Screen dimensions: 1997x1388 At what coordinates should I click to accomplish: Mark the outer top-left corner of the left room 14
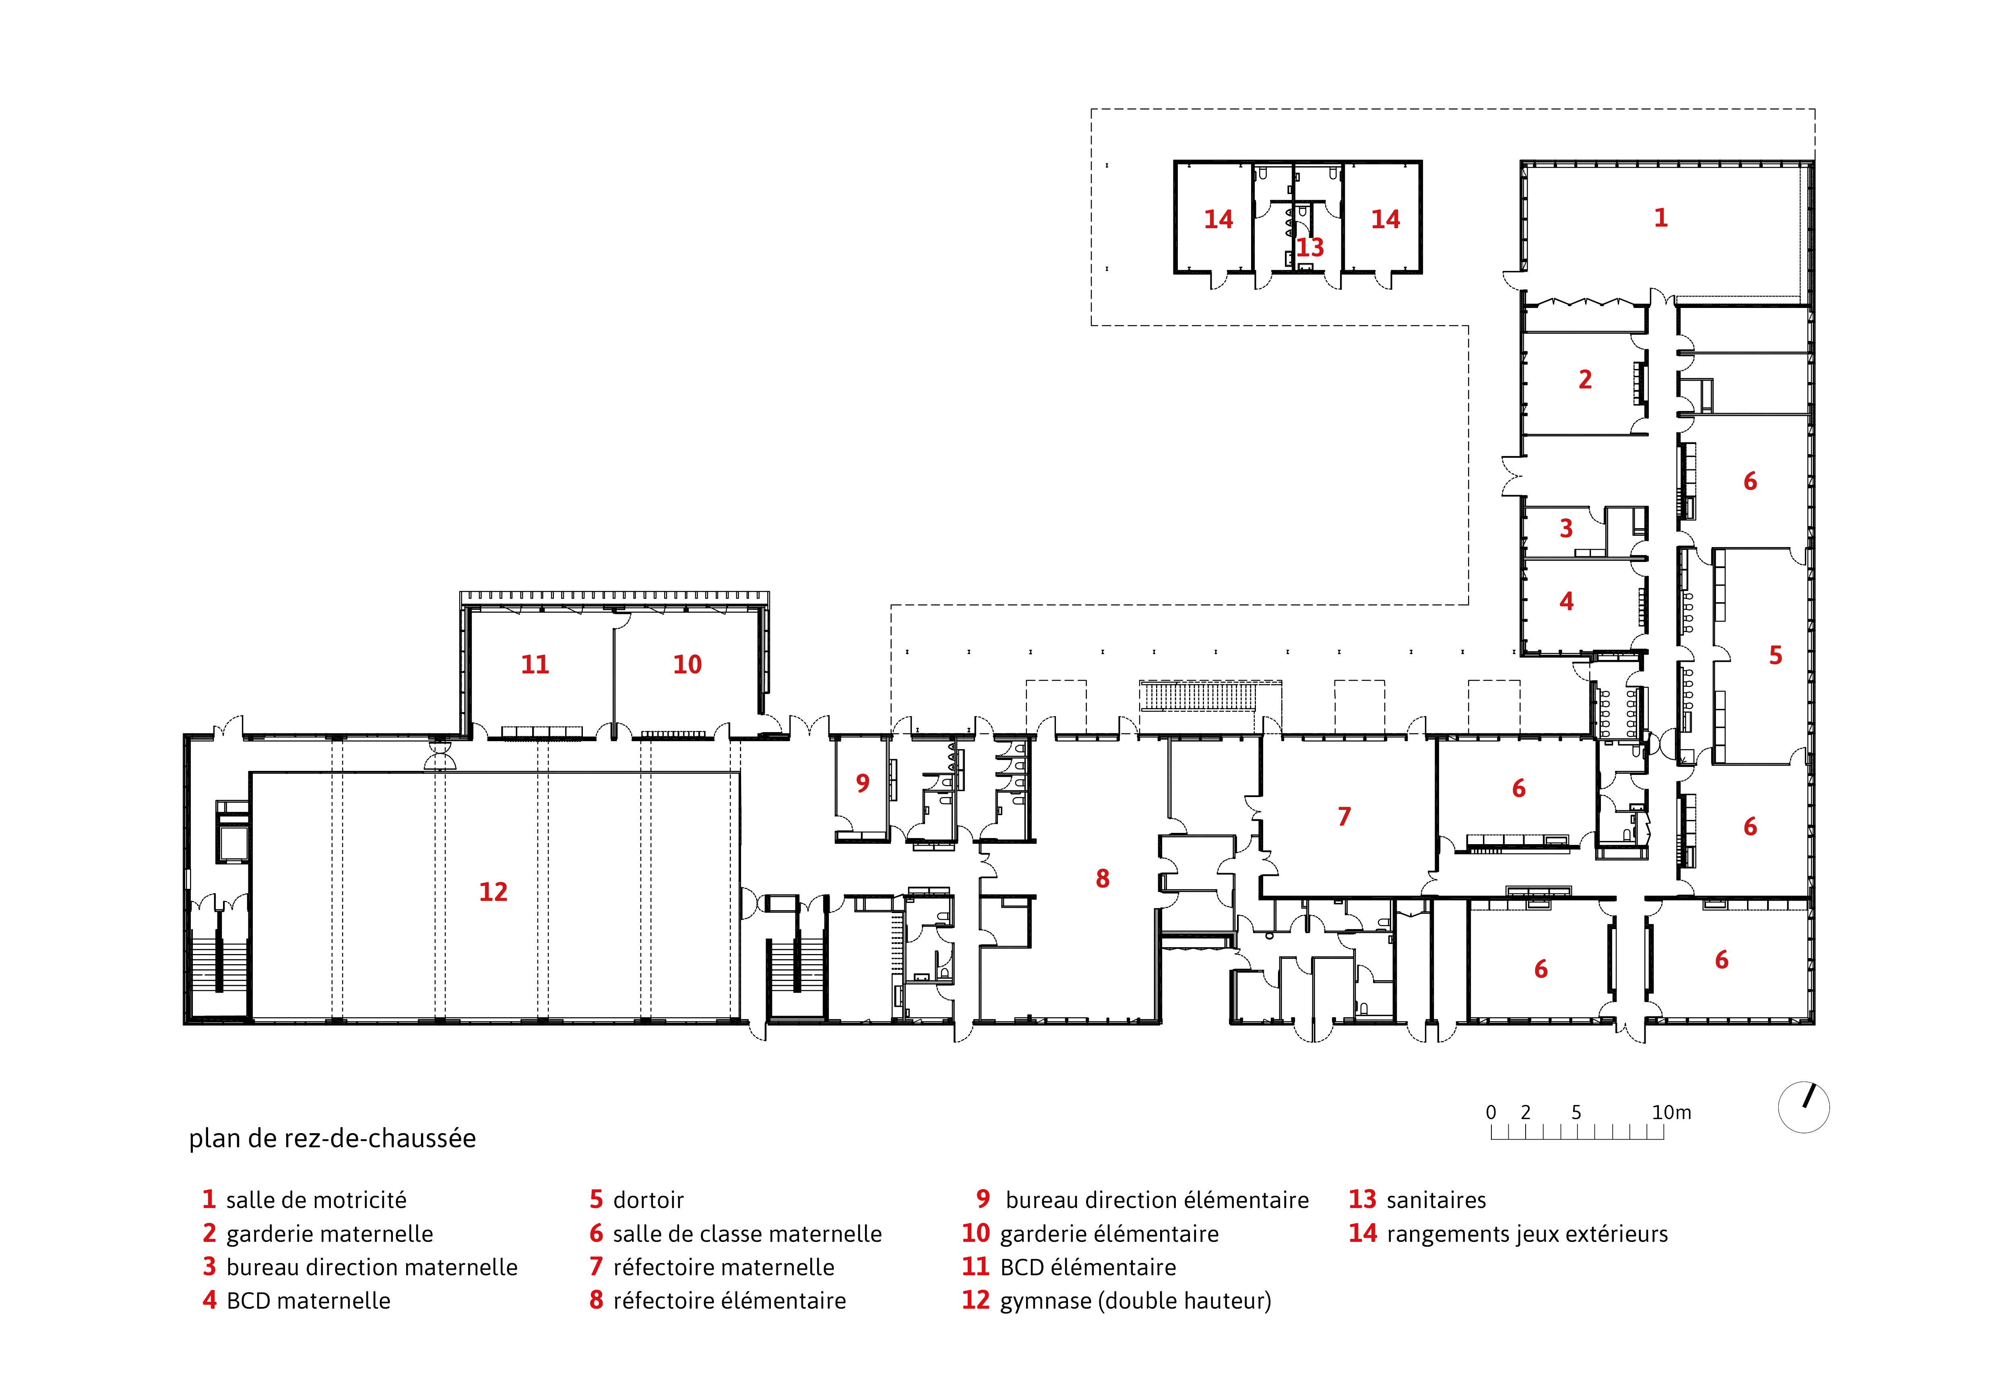coord(1175,161)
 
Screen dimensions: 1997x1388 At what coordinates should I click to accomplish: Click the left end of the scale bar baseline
coord(1491,1138)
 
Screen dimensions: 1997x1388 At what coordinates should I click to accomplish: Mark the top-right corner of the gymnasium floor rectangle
coord(740,772)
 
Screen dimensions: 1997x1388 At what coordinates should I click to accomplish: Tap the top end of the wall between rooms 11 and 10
coord(614,628)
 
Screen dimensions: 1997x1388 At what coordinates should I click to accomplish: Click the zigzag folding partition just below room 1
coord(1586,302)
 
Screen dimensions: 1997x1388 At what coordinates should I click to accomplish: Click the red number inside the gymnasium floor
coord(493,891)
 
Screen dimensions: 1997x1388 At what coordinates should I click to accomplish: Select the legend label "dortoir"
coord(648,1200)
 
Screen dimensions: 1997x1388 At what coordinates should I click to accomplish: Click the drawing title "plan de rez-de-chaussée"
coord(332,1138)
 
